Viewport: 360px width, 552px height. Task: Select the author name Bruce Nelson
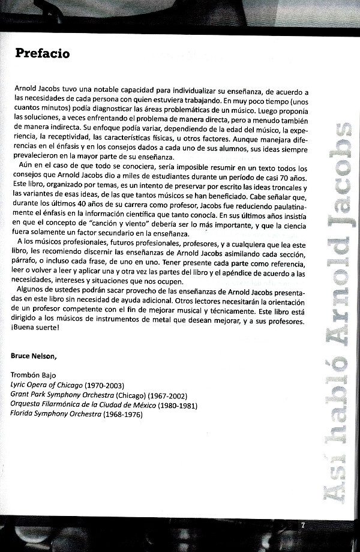tap(34, 356)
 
